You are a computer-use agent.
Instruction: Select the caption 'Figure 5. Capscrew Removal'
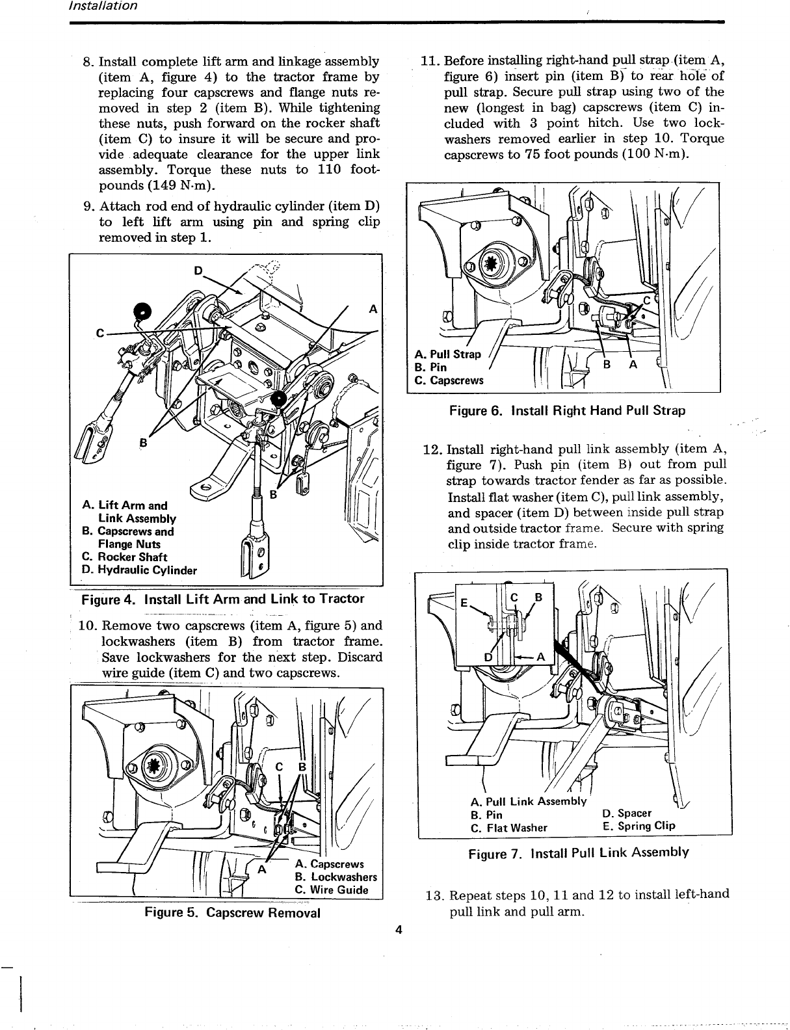point(232,912)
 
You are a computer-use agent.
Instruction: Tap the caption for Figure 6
point(566,411)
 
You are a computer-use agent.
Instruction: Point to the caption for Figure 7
point(578,852)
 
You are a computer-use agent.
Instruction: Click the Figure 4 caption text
point(222,599)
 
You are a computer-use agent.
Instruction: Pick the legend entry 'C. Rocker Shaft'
point(124,557)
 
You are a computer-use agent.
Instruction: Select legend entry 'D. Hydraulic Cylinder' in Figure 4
point(139,571)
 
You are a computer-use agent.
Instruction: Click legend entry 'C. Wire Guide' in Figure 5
point(332,890)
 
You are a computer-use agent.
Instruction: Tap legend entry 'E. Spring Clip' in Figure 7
point(639,826)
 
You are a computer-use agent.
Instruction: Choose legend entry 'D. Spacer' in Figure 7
point(627,813)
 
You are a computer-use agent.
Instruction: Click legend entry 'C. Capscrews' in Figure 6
point(449,380)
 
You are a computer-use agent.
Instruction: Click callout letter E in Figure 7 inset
point(464,602)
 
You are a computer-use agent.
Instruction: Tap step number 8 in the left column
point(88,62)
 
